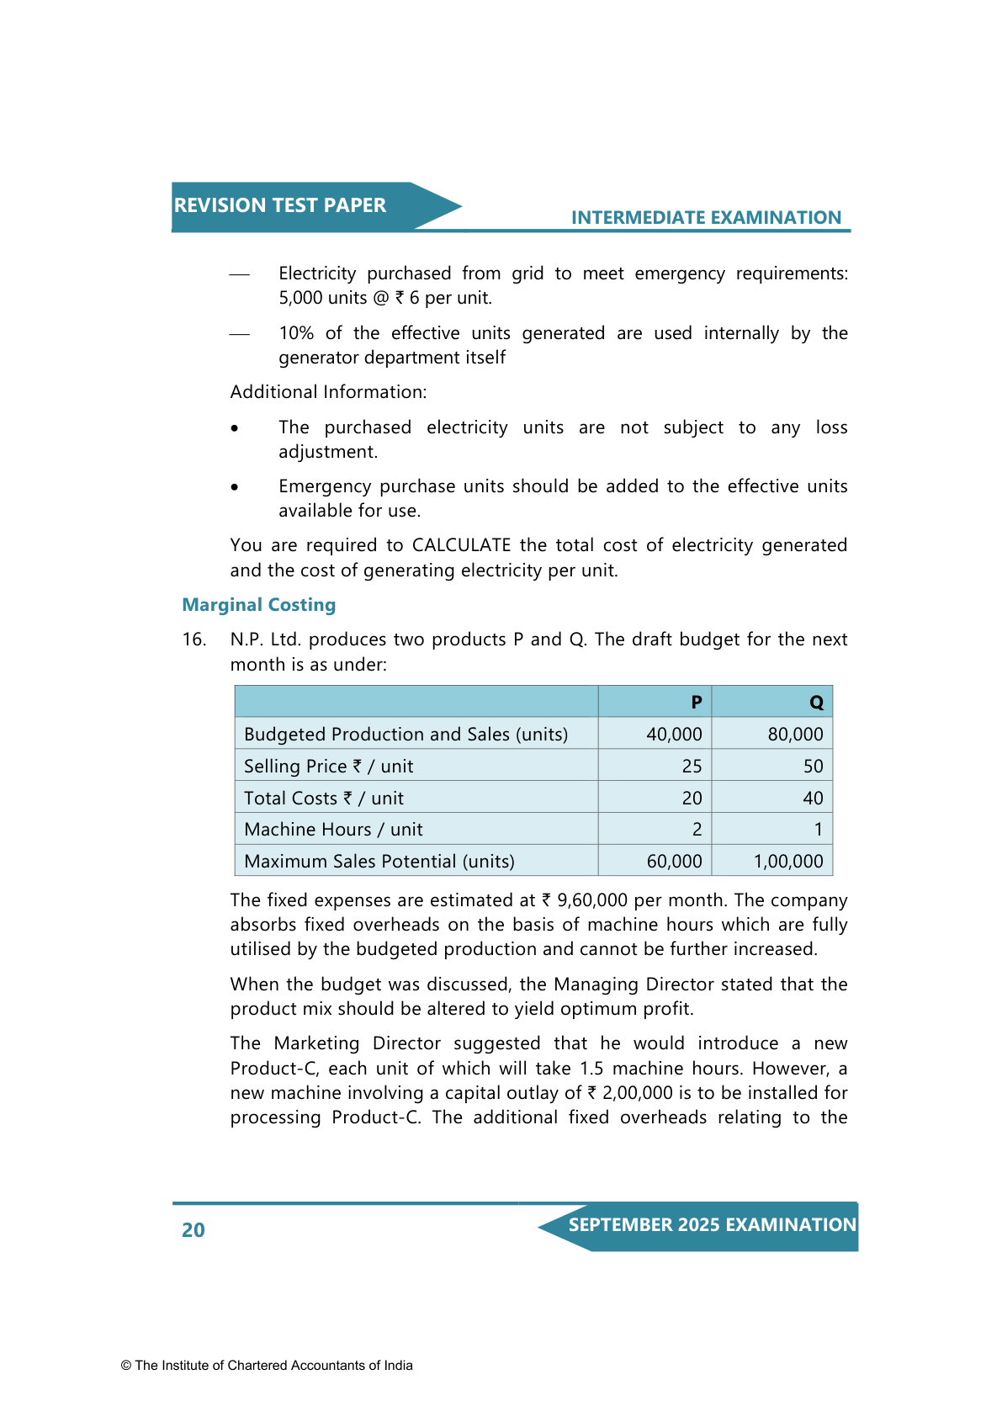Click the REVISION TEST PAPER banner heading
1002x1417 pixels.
point(280,206)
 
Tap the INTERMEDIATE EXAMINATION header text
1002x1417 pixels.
point(706,218)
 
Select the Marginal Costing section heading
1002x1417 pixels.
point(259,605)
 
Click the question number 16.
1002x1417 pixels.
point(194,640)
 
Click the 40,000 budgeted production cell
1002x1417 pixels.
point(674,735)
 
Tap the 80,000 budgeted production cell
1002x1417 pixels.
point(795,735)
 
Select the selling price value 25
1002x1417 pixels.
point(692,767)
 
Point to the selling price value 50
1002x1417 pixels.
point(813,767)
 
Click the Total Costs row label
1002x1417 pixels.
point(324,799)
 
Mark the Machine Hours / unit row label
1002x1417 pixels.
point(333,830)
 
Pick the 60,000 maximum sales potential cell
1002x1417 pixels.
point(674,862)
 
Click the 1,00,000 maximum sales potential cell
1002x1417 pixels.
point(788,862)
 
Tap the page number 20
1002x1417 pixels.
point(194,1230)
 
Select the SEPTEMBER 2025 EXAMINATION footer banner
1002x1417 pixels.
point(712,1225)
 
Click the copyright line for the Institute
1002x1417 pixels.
point(267,1366)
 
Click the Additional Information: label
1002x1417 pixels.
point(328,392)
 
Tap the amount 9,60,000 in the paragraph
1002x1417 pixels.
point(592,900)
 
